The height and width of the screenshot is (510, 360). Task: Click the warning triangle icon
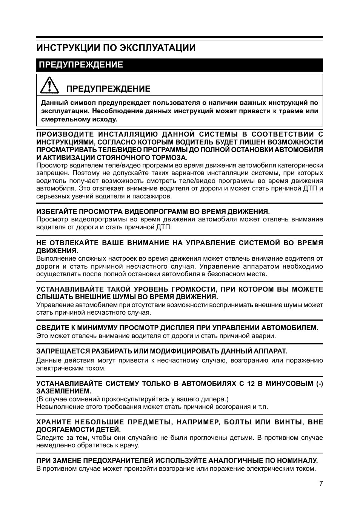click(49, 86)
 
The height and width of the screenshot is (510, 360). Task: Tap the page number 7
click(321, 484)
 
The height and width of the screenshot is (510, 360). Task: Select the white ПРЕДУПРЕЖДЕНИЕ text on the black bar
click(81, 65)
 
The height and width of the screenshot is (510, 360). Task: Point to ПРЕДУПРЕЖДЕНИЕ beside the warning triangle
click(108, 89)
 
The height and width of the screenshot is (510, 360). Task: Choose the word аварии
click(265, 336)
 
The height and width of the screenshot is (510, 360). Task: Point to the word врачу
click(131, 445)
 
